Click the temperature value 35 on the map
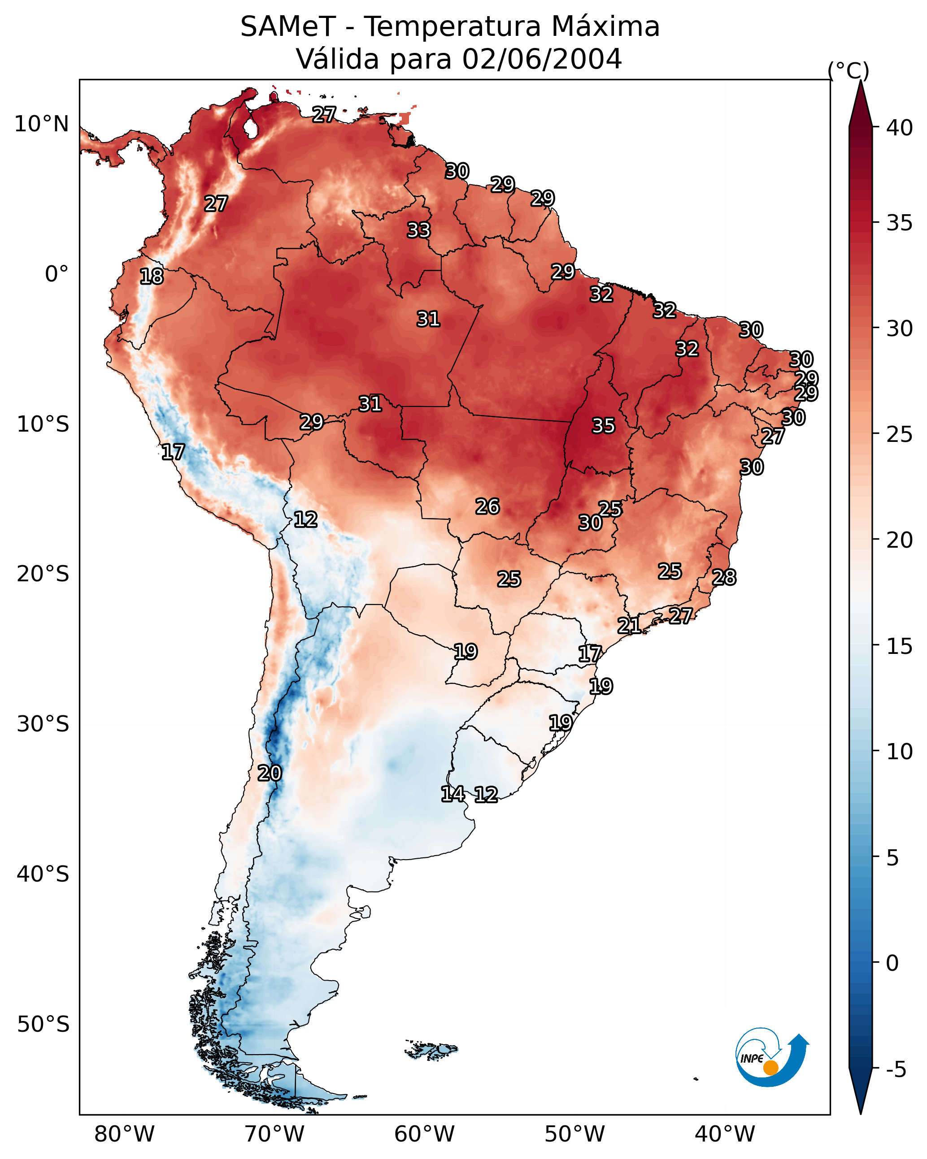603,426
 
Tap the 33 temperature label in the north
418,230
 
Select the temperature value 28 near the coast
724,577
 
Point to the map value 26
487,506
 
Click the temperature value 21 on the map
629,625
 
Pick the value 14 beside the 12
453,794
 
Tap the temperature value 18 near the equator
152,277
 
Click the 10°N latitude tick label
41,124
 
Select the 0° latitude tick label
57,274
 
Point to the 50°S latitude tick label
43,1025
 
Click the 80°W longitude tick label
124,1134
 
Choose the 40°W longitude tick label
725,1134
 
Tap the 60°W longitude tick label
425,1134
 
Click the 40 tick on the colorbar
899,128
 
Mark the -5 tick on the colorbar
896,1069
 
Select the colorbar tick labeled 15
899,646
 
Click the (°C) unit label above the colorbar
849,70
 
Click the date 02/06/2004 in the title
542,59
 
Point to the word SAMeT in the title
288,27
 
